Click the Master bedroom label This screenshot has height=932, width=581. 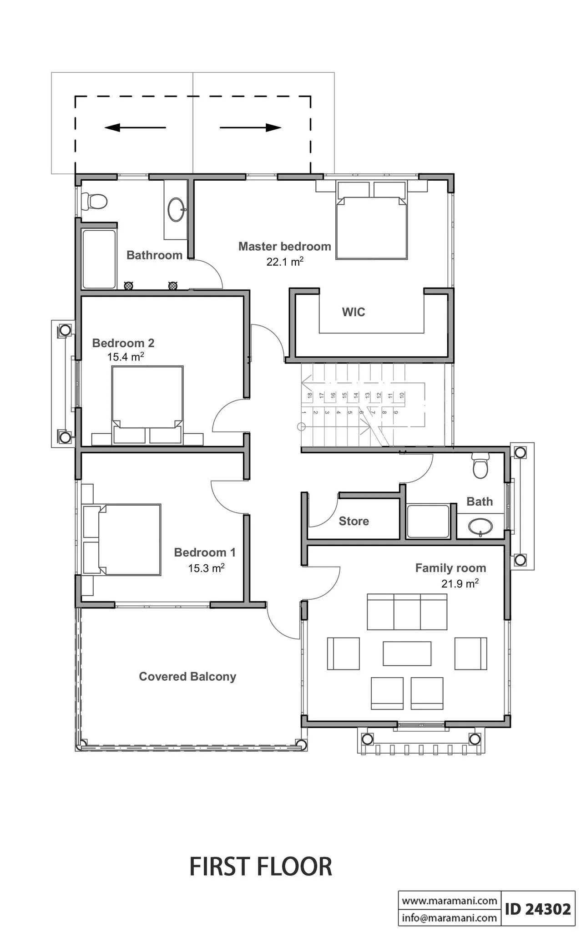point(285,247)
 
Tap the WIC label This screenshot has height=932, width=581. point(354,312)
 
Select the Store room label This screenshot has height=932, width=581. point(354,521)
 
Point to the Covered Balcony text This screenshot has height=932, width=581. point(187,677)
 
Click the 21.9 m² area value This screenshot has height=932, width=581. point(460,583)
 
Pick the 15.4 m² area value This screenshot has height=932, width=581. point(126,357)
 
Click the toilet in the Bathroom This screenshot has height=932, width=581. point(94,201)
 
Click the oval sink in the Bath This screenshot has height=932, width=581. point(480,527)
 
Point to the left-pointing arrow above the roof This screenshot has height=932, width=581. point(135,128)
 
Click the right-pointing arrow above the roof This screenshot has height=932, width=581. point(251,128)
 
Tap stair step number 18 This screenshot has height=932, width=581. point(310,395)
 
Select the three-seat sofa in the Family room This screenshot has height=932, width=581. point(407,612)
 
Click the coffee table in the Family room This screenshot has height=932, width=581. point(407,653)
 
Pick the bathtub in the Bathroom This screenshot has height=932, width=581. point(99,259)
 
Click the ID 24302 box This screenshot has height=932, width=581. point(538,908)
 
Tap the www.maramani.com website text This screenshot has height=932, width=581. point(450,900)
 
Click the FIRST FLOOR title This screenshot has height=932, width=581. point(261,866)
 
